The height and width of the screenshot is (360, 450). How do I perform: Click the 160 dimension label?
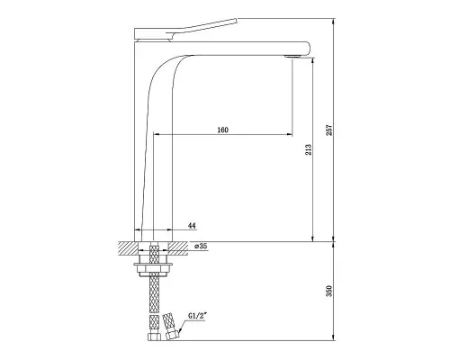[x=222, y=130]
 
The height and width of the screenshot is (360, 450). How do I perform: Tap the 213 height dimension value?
[x=309, y=149]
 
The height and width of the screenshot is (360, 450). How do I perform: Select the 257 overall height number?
[x=329, y=130]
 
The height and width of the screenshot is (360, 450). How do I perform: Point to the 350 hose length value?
[x=329, y=291]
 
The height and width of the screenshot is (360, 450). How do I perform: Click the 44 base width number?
[x=192, y=226]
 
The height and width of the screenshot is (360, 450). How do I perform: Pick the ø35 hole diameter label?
[x=201, y=247]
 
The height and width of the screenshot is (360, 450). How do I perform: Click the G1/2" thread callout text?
[x=197, y=316]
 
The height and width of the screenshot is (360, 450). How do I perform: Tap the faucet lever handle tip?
[x=236, y=21]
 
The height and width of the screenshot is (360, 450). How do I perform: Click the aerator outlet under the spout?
[x=292, y=56]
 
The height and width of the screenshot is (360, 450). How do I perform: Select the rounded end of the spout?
[x=307, y=49]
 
